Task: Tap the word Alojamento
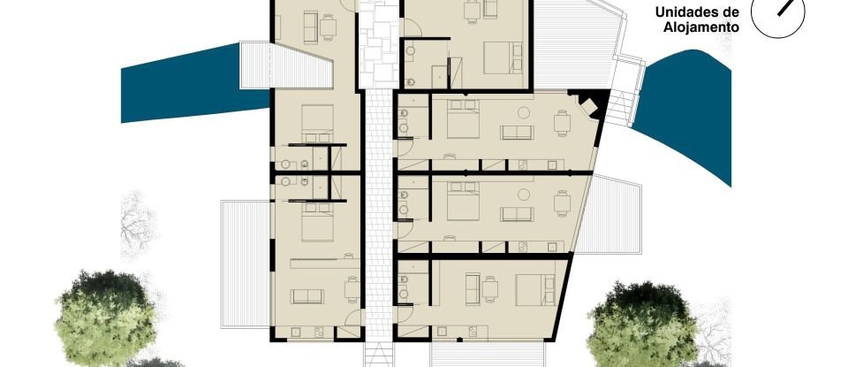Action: [701, 27]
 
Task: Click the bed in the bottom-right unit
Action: [531, 287]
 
